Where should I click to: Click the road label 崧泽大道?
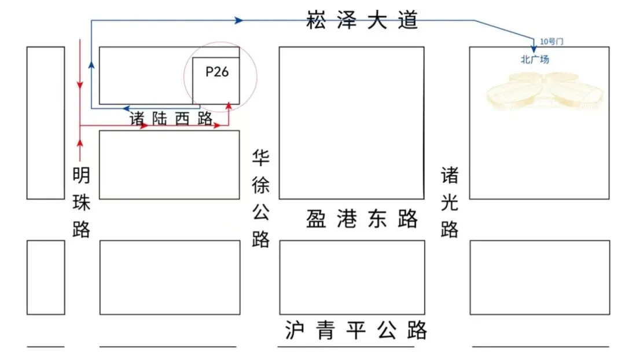(362, 21)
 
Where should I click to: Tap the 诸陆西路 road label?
(171, 118)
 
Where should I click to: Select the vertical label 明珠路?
(82, 203)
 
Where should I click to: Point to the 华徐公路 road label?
(261, 199)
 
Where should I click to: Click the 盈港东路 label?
(362, 219)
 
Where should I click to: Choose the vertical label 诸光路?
(450, 203)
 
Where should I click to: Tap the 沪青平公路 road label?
(356, 330)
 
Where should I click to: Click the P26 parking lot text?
(217, 72)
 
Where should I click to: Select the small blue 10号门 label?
(551, 41)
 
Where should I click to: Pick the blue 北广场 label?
(534, 59)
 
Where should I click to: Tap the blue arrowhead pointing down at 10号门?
(534, 49)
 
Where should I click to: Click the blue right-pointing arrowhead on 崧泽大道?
(238, 20)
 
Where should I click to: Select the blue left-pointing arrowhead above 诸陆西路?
(126, 108)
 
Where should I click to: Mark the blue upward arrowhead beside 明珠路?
(91, 64)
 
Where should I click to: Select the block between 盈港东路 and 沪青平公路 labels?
(352, 277)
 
